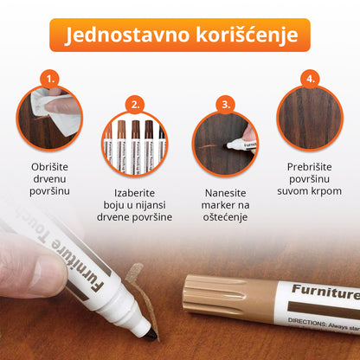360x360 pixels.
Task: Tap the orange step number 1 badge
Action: (51, 79)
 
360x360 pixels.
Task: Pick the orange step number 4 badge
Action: (308, 79)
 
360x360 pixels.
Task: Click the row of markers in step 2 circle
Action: (135, 143)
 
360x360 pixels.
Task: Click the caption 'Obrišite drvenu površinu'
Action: (51, 178)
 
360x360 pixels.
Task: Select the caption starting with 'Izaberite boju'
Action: (135, 204)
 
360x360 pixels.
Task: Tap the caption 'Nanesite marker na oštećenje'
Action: (225, 204)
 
